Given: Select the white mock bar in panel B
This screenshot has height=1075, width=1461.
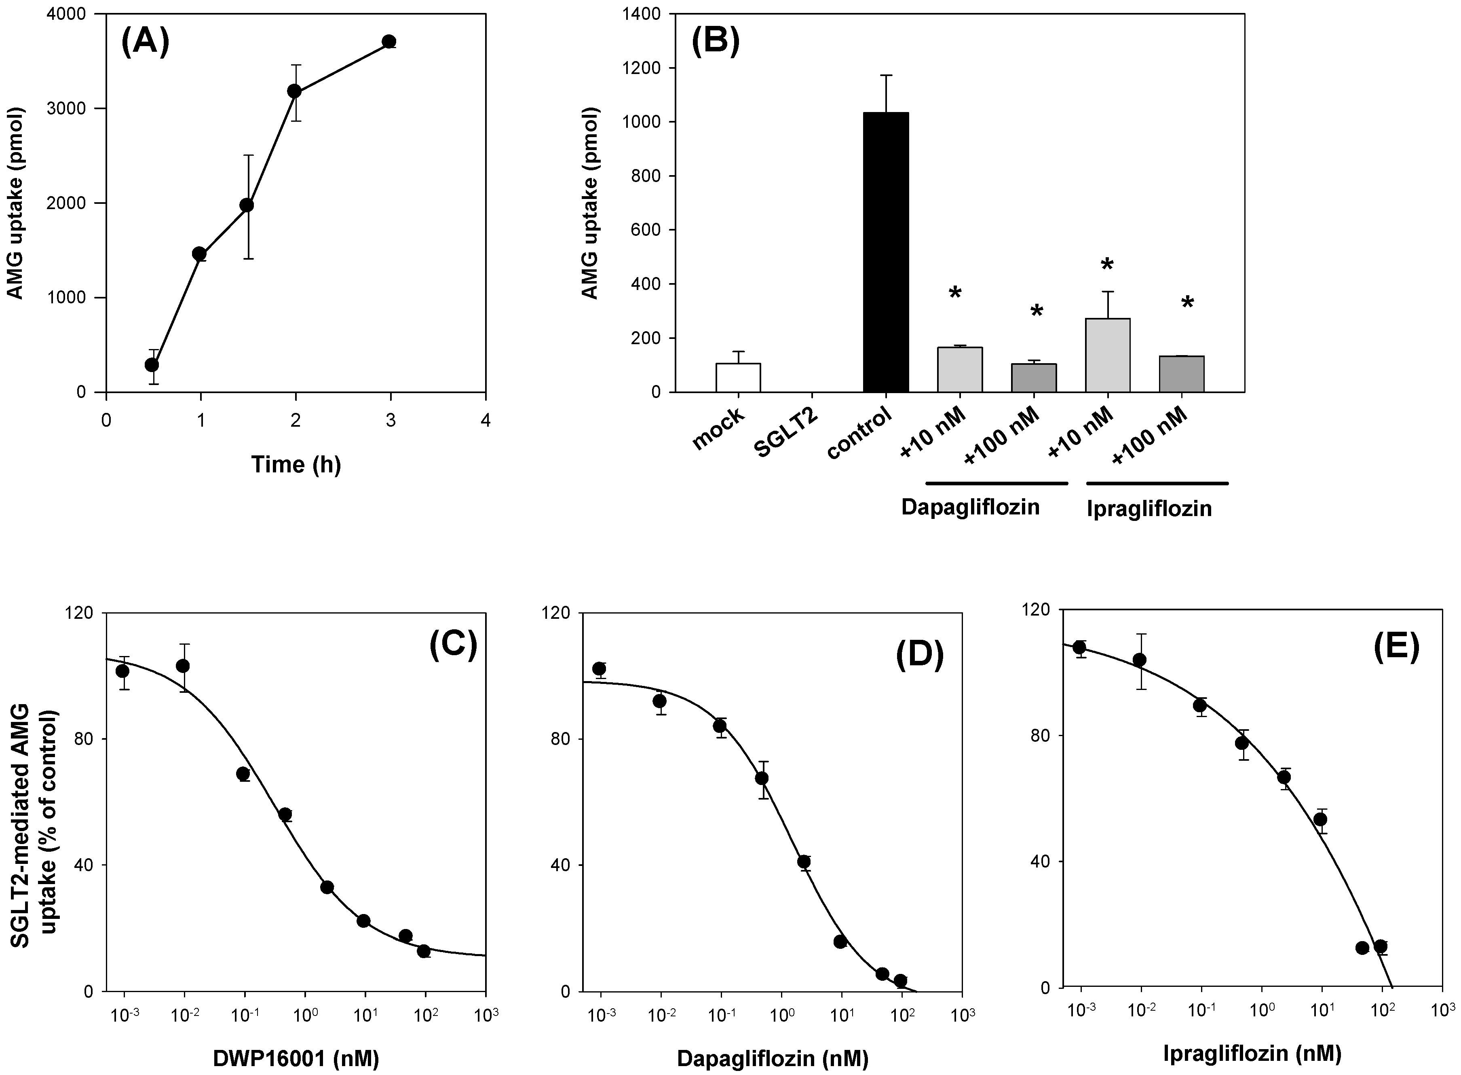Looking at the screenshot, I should pos(738,377).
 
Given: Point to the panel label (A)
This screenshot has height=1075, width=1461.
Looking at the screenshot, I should pos(145,44).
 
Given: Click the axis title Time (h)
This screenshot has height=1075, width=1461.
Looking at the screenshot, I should pos(296,465).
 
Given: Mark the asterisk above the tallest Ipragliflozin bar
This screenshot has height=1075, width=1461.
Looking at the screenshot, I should pos(1107,265).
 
